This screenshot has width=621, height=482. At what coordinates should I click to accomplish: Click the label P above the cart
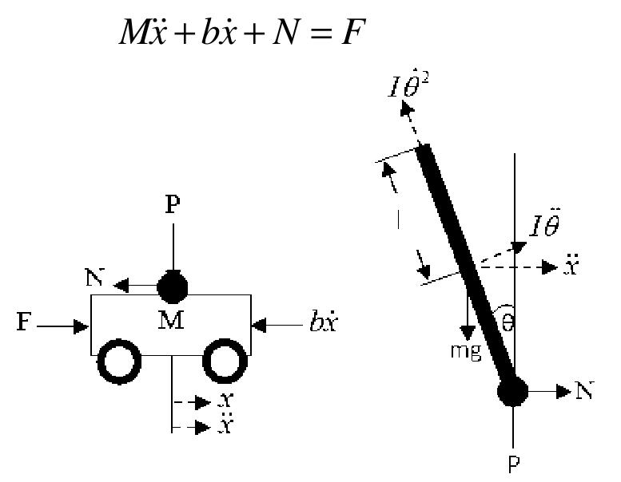[172, 205]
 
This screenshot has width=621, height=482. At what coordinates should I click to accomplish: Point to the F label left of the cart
[24, 326]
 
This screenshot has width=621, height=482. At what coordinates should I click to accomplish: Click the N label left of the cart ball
[94, 281]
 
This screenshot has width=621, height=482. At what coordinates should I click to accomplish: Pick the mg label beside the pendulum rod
[464, 351]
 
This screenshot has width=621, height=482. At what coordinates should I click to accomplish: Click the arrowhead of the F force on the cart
[83, 326]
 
